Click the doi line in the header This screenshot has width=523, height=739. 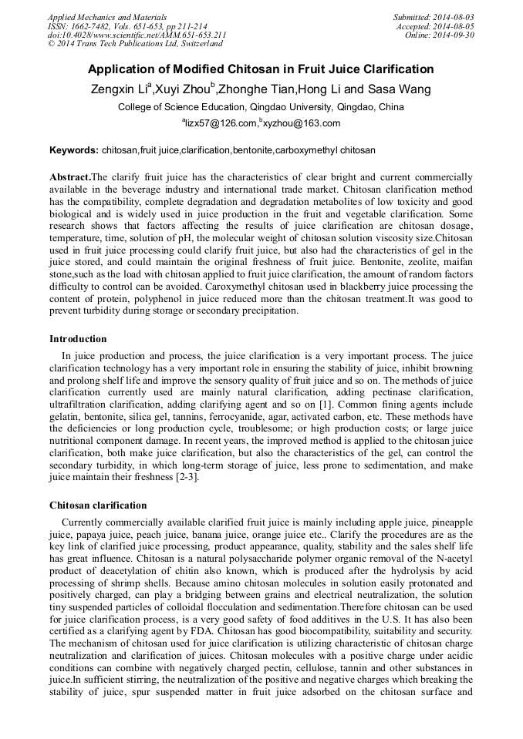point(137,35)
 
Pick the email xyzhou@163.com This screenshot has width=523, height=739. point(303,123)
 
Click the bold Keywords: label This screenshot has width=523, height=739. point(74,150)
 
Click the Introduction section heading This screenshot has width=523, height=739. point(78,339)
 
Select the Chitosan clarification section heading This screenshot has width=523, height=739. point(98,506)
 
